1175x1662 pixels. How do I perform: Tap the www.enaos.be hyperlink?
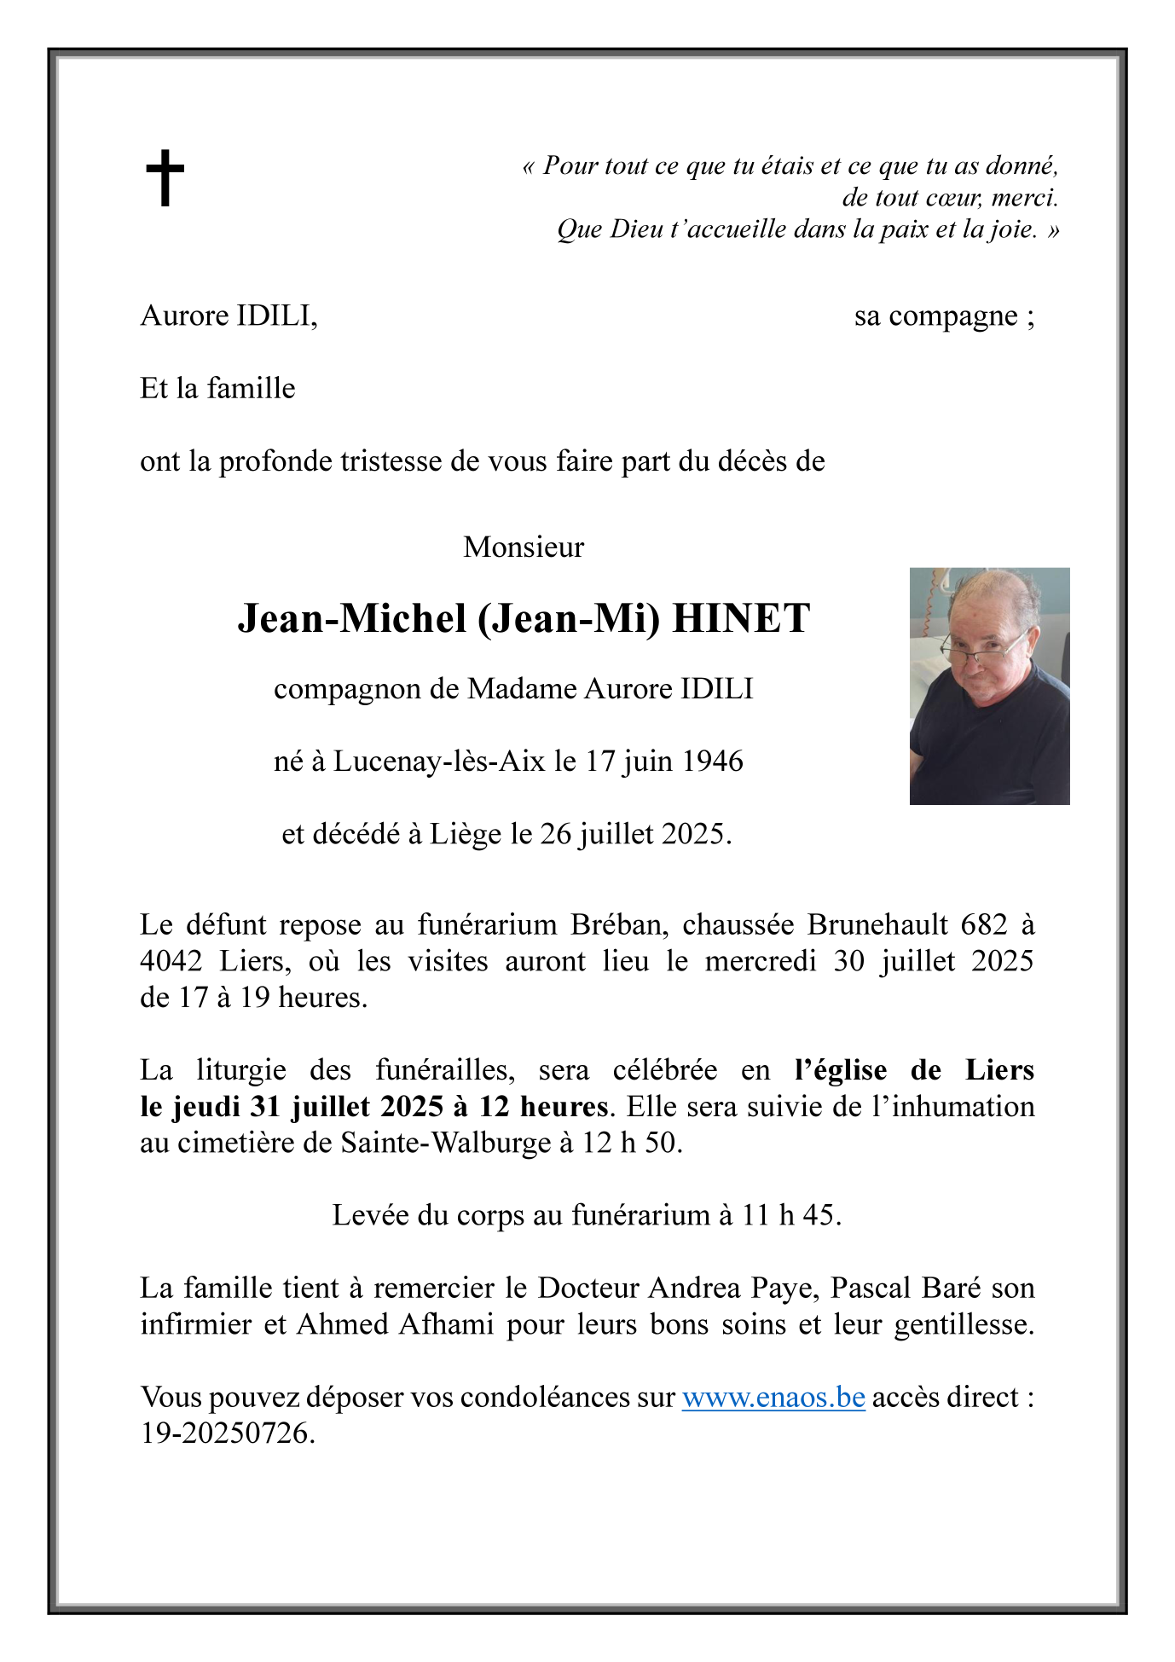coord(773,1398)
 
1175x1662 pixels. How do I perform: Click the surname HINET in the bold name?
coord(741,618)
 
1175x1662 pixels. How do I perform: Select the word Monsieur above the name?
coord(524,547)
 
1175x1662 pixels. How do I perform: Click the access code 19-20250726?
coord(227,1433)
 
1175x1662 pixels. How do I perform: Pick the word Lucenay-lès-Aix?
coord(439,761)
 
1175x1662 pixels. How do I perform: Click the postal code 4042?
coord(171,961)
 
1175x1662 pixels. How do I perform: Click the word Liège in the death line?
coord(466,834)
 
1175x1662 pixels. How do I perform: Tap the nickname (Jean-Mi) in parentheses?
coord(569,618)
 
